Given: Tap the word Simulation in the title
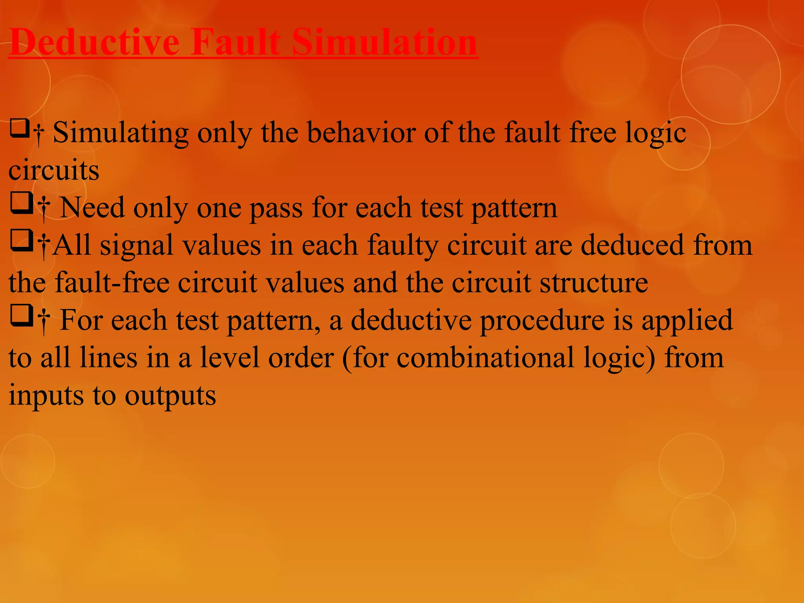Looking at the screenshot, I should (x=384, y=42).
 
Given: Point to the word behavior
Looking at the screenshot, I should (x=361, y=133).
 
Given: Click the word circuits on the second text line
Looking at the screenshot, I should (x=54, y=170).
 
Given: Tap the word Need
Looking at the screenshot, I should (x=92, y=208).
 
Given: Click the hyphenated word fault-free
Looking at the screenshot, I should (x=112, y=283).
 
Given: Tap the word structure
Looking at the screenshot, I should (x=594, y=283).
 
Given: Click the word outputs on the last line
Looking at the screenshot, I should (x=170, y=395).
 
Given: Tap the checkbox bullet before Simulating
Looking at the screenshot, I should (x=20, y=129).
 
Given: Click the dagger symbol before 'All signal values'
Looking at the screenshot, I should (x=44, y=247).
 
